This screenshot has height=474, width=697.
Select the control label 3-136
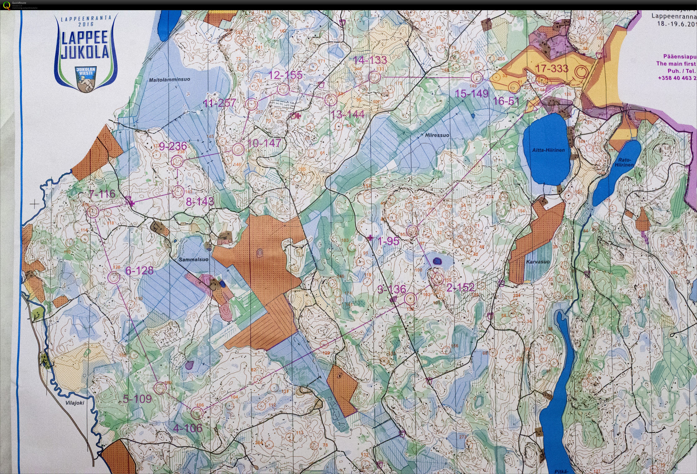391,289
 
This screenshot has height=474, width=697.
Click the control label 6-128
139,271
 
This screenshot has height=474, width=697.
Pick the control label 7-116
102,194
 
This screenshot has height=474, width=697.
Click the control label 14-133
370,60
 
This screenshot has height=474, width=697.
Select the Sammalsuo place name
193,259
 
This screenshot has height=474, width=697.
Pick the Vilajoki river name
75,403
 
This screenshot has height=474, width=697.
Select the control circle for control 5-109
160,388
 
